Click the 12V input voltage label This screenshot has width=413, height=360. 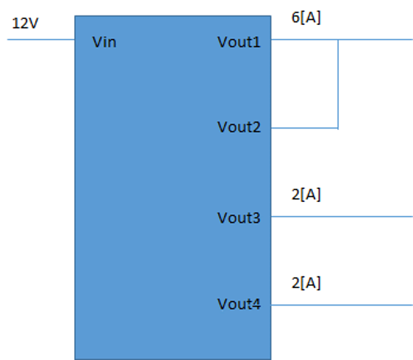25,24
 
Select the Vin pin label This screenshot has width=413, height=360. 104,42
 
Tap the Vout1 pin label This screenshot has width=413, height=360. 239,42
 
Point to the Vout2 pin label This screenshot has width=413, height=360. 239,127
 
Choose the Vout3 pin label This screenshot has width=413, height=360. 239,218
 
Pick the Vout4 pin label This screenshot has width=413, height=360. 239,304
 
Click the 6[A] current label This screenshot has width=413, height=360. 306,18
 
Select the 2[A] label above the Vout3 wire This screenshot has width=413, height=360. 306,195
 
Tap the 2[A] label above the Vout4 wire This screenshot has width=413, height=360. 306,284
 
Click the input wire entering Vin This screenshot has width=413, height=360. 41,40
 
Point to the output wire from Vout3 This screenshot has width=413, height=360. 342,217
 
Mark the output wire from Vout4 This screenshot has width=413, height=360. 342,305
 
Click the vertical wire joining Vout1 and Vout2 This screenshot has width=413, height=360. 338,84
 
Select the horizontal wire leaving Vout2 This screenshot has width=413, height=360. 304,128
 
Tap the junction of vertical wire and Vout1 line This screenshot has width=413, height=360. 338,40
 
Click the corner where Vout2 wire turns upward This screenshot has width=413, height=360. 338,128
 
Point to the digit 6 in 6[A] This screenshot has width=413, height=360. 295,18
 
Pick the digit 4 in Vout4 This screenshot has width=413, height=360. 256,304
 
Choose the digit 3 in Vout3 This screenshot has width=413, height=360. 256,218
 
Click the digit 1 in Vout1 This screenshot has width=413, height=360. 257,42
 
